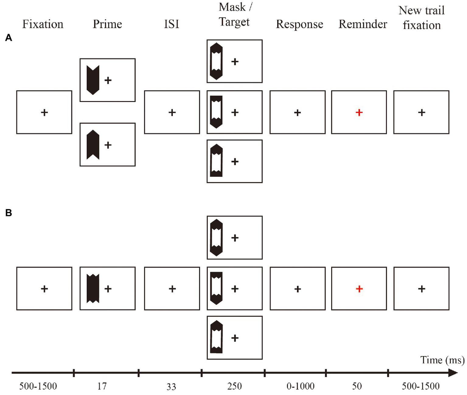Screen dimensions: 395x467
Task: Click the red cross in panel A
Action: [359, 113]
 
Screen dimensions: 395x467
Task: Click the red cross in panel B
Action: [359, 289]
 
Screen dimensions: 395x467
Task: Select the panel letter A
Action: [9, 38]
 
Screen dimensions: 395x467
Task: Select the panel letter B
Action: [9, 213]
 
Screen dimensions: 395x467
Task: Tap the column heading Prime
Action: [107, 24]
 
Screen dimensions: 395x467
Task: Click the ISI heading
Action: [172, 24]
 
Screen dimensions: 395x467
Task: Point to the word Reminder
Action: [363, 24]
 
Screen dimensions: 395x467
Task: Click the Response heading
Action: [299, 24]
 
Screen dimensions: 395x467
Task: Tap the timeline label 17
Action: [102, 386]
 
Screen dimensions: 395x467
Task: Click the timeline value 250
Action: [234, 386]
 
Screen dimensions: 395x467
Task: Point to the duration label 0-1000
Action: [300, 386]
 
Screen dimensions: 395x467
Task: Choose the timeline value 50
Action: [357, 386]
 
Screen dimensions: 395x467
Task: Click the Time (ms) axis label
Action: [442, 360]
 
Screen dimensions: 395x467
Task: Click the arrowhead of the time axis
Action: [453, 373]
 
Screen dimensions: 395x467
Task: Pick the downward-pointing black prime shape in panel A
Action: [93, 80]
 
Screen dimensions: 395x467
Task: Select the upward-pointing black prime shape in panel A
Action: [93, 145]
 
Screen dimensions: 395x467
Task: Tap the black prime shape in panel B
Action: [93, 288]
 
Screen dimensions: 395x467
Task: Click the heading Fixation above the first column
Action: [43, 24]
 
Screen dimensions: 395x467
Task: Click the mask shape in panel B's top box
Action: [216, 237]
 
